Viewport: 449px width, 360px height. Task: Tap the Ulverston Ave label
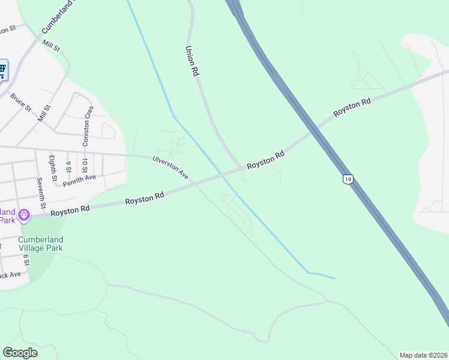(x=171, y=168)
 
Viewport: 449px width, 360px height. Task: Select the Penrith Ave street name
(x=79, y=178)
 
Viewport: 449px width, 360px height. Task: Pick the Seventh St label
(x=40, y=190)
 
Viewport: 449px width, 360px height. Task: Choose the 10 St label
(x=85, y=165)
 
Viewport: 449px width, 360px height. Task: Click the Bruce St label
(x=20, y=102)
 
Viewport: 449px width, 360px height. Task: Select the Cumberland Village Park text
(x=41, y=244)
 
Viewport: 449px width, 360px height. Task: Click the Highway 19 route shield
(x=347, y=179)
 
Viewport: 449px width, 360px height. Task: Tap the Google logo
(x=20, y=352)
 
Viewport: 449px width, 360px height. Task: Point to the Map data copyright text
(x=423, y=355)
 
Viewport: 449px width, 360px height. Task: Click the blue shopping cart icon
(x=2, y=71)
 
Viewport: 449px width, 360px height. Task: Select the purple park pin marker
(x=24, y=214)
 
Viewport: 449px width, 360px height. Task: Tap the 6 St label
(x=26, y=260)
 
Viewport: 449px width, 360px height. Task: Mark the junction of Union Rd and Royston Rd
(x=243, y=167)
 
